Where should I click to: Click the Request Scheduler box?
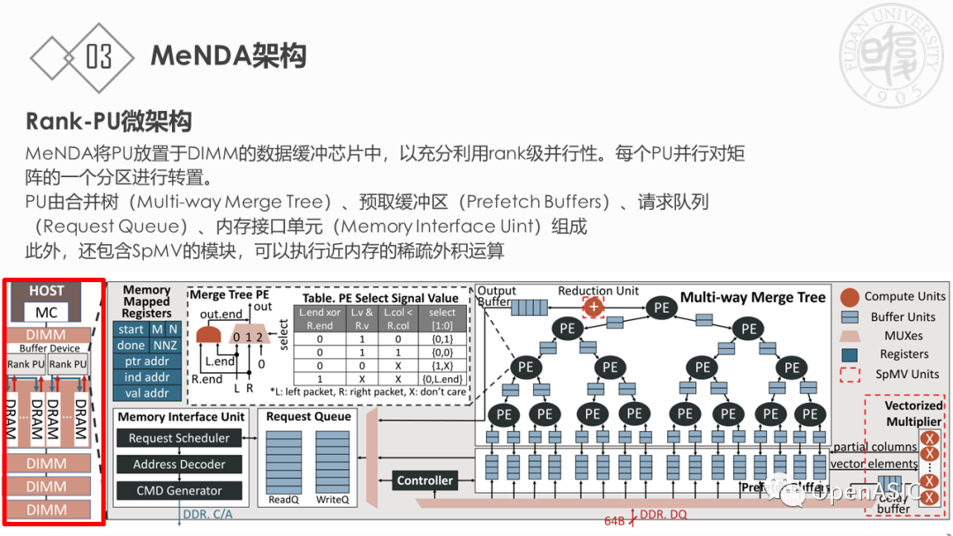[179, 438]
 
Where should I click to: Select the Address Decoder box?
[179, 465]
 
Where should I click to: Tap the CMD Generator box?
[179, 491]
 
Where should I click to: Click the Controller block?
[425, 480]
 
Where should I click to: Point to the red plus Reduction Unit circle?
[593, 307]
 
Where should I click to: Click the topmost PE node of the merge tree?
[661, 307]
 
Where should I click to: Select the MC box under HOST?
[46, 312]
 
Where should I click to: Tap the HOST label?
[46, 291]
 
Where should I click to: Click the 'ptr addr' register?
[146, 361]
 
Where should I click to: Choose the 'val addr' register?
[146, 393]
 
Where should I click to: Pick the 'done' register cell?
[131, 346]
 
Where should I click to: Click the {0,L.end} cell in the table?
[442, 379]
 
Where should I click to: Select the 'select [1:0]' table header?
[442, 318]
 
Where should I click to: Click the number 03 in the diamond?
[99, 57]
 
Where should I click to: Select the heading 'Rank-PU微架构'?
[109, 121]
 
